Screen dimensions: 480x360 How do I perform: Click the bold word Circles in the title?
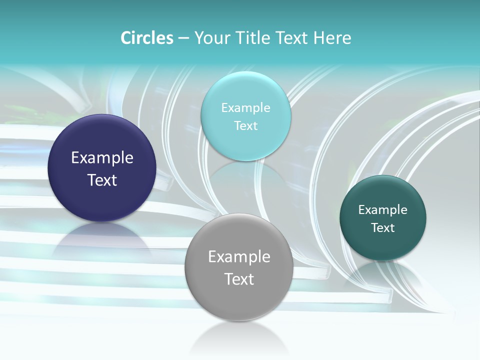(x=146, y=38)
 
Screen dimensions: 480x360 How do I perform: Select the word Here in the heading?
(x=332, y=38)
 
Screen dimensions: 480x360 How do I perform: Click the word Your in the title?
(x=210, y=38)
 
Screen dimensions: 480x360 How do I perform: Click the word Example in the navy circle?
(x=102, y=158)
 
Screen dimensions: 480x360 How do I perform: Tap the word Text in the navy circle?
(x=102, y=180)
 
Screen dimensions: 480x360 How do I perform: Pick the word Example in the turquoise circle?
(x=245, y=108)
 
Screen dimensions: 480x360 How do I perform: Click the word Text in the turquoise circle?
(x=245, y=126)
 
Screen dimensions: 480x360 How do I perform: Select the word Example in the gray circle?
(x=239, y=257)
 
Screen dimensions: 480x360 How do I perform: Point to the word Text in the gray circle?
(x=239, y=279)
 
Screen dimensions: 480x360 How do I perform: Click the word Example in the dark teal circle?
(x=383, y=210)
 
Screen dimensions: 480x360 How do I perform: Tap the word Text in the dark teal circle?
(x=383, y=228)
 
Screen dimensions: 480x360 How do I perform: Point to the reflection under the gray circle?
(x=239, y=335)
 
